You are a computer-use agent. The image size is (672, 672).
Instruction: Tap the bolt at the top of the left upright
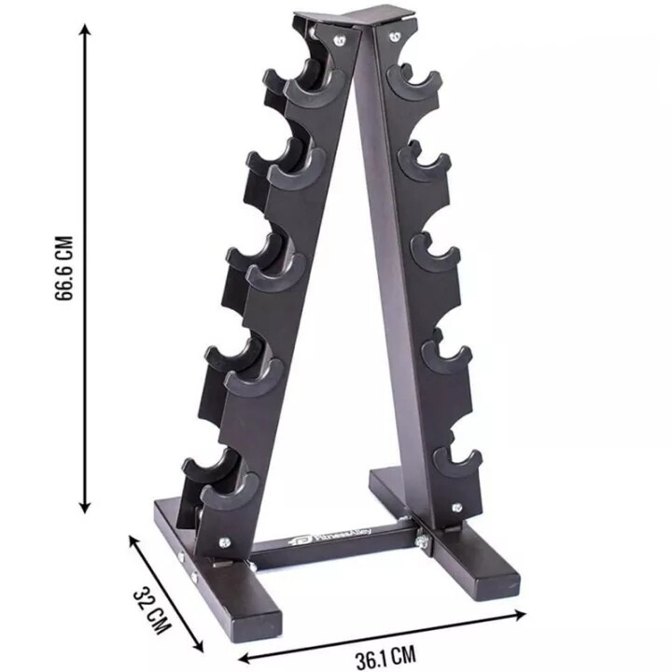pyautogui.click(x=339, y=40)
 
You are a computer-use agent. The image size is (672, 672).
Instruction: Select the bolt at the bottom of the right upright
pyautogui.click(x=457, y=508)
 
